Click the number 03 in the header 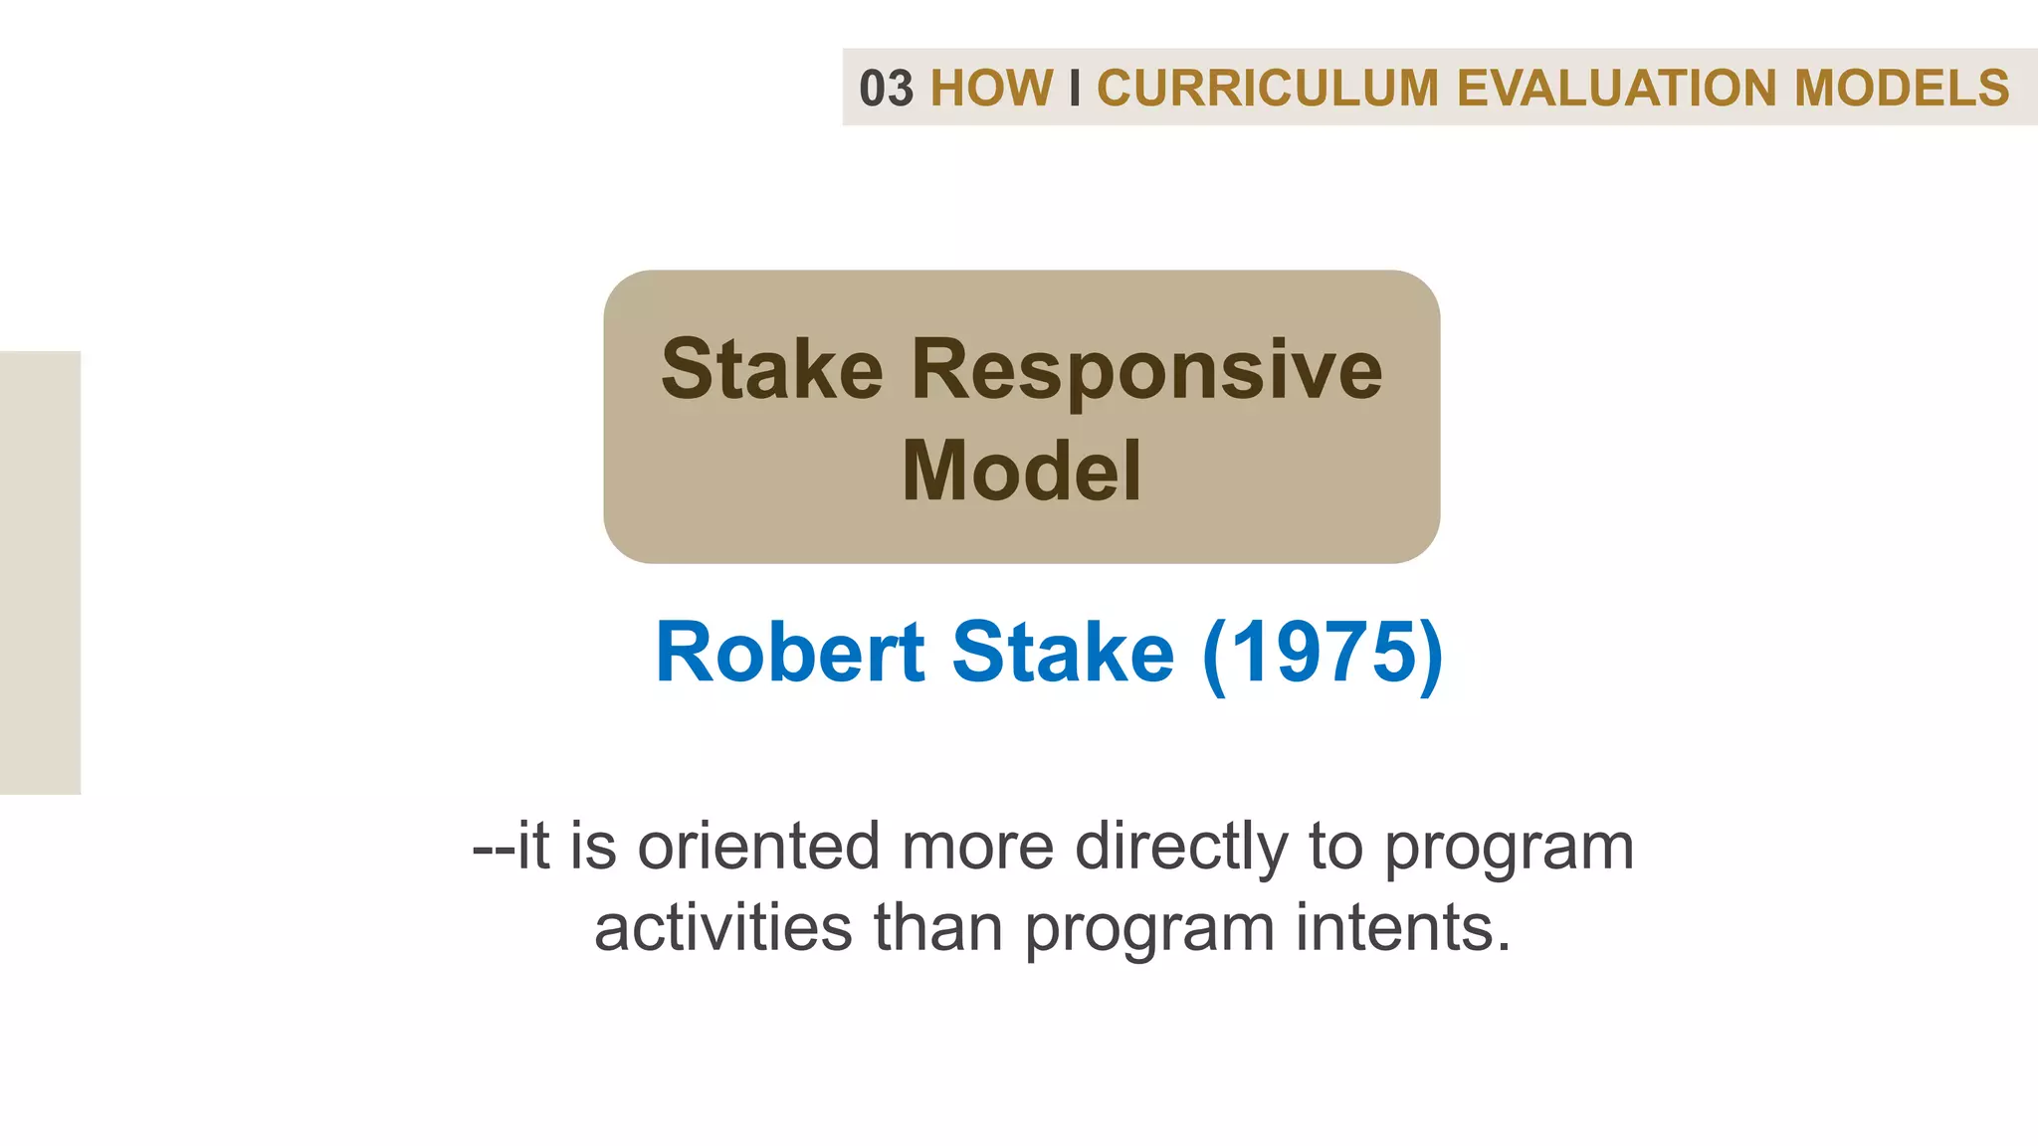(x=886, y=89)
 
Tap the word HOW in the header (x=991, y=89)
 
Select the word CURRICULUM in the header (x=1268, y=89)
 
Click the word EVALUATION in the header (x=1616, y=89)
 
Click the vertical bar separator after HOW (x=1075, y=89)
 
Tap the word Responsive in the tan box (x=1146, y=370)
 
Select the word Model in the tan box (x=1021, y=471)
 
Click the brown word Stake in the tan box (x=772, y=370)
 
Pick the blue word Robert (x=790, y=653)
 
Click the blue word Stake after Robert (x=1063, y=653)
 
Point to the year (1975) (x=1323, y=653)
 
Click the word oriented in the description (x=758, y=847)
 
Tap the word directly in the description (x=1181, y=847)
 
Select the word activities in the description (x=722, y=927)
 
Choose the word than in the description (x=938, y=927)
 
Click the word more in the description (x=976, y=847)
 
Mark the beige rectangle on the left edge (x=40, y=572)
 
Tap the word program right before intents (x=1149, y=929)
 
